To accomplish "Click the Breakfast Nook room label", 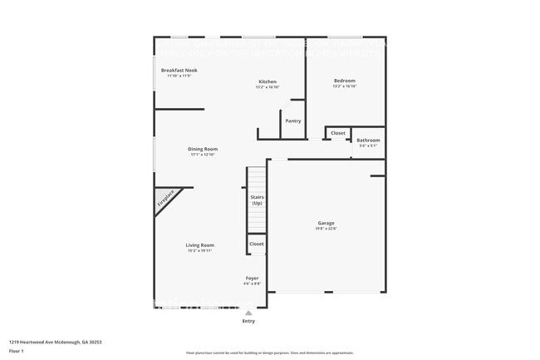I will (179, 71).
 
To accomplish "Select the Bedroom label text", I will (344, 81).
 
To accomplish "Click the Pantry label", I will (293, 121).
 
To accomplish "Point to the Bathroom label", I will (368, 140).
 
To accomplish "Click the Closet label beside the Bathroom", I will (338, 133).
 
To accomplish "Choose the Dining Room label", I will (203, 149).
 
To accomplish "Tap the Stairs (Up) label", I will (257, 200).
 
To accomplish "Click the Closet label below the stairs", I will (257, 244).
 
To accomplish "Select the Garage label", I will (326, 223).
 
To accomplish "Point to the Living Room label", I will (199, 244).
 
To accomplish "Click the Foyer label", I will (252, 278).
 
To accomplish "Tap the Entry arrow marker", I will (248, 313).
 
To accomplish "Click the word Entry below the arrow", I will (248, 321).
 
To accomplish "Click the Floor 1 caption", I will (17, 352).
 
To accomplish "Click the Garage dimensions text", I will (326, 229).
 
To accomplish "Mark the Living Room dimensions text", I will (199, 250).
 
